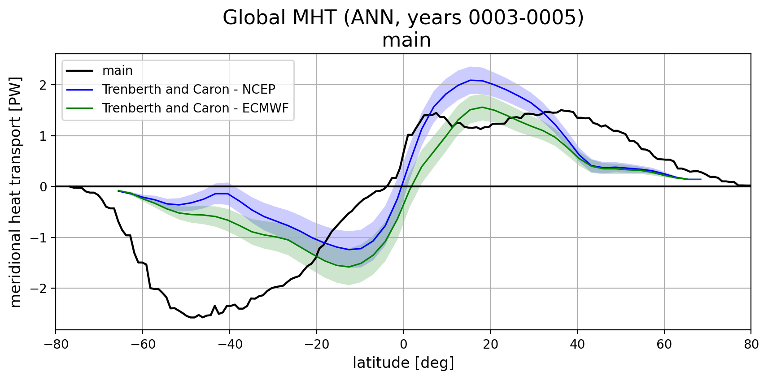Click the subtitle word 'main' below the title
406,40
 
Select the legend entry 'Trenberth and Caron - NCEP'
188,90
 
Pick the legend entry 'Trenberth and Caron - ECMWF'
195,108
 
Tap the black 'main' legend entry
117,71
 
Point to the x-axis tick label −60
142,345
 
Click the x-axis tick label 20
490,345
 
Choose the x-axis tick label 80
751,345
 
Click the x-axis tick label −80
56,345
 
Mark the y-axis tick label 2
44,85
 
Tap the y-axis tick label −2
39,289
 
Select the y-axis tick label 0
44,187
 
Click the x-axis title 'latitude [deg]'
403,363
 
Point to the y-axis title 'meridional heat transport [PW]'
16,192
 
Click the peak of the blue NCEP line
471,80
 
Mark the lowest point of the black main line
192,318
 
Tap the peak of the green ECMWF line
482,107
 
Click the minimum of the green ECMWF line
349,267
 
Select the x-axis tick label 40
577,345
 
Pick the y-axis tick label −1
39,237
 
